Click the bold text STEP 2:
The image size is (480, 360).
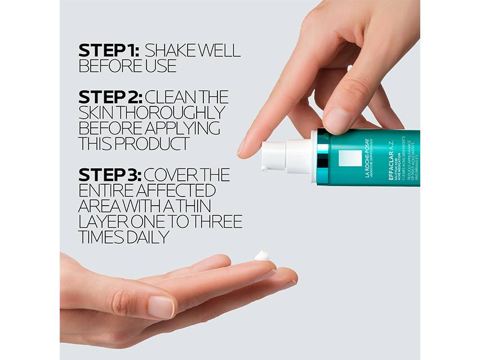[x=110, y=97]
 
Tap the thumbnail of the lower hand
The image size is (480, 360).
[x=162, y=306]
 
